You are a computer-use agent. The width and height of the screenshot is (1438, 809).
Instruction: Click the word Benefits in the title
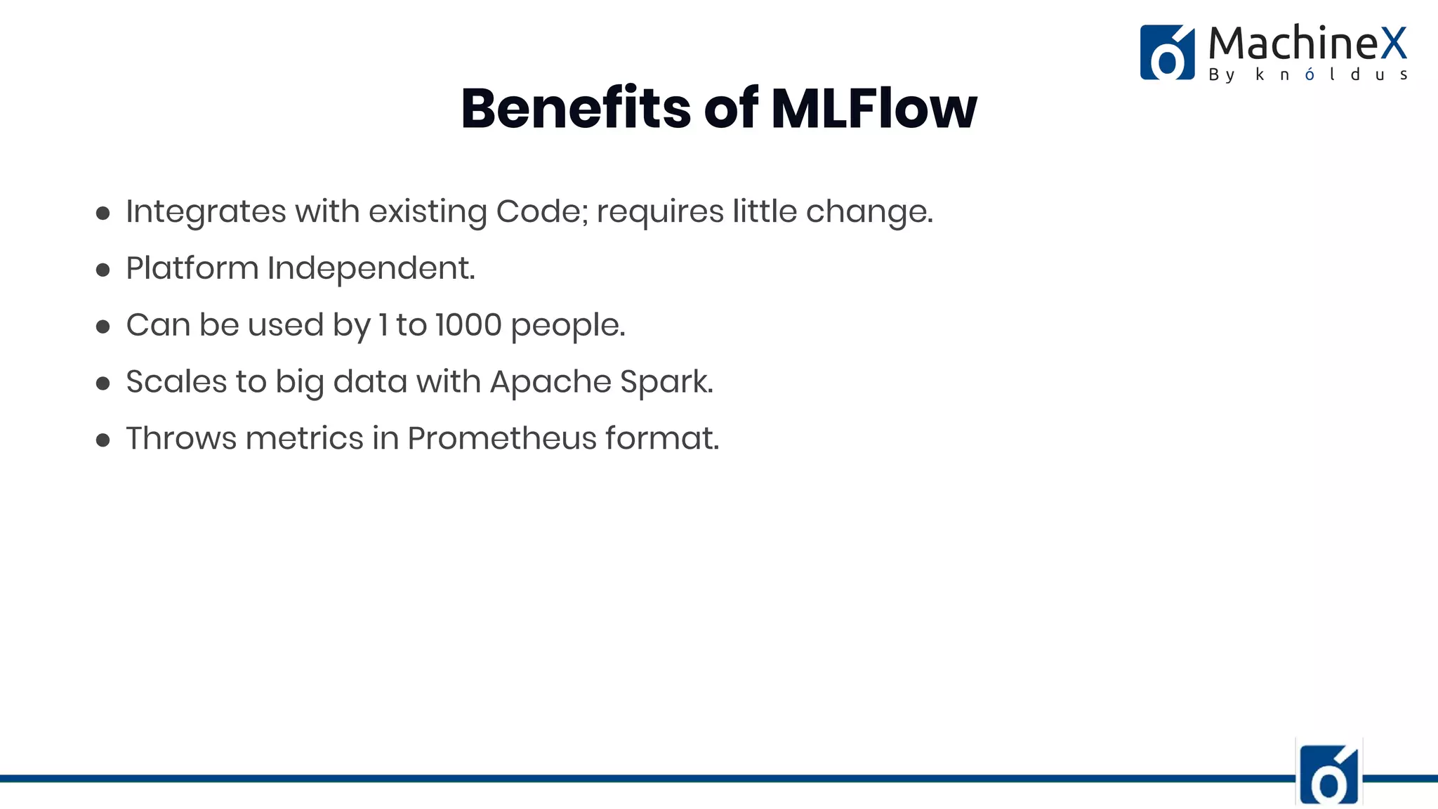[576, 109]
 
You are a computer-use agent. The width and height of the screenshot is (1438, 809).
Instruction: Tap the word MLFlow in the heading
[873, 109]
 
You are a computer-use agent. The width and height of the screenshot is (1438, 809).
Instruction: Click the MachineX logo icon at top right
[1167, 53]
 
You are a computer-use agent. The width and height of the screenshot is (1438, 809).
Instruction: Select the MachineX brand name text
[1307, 43]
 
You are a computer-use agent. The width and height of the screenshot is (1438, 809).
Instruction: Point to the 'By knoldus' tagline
[1307, 74]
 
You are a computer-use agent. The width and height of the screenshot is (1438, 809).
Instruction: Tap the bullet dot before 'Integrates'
[103, 213]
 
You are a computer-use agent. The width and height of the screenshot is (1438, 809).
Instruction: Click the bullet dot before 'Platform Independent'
[103, 270]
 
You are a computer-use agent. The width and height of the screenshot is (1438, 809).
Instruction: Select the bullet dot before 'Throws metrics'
[103, 440]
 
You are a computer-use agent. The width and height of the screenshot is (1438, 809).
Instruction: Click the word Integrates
[206, 211]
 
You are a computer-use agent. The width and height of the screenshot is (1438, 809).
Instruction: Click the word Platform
[192, 268]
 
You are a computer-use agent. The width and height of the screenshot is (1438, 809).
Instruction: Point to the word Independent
[371, 268]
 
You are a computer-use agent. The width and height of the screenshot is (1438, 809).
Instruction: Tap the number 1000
[468, 325]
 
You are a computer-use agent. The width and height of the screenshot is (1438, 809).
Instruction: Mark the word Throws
[181, 439]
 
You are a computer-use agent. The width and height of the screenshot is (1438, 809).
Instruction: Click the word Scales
[176, 382]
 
